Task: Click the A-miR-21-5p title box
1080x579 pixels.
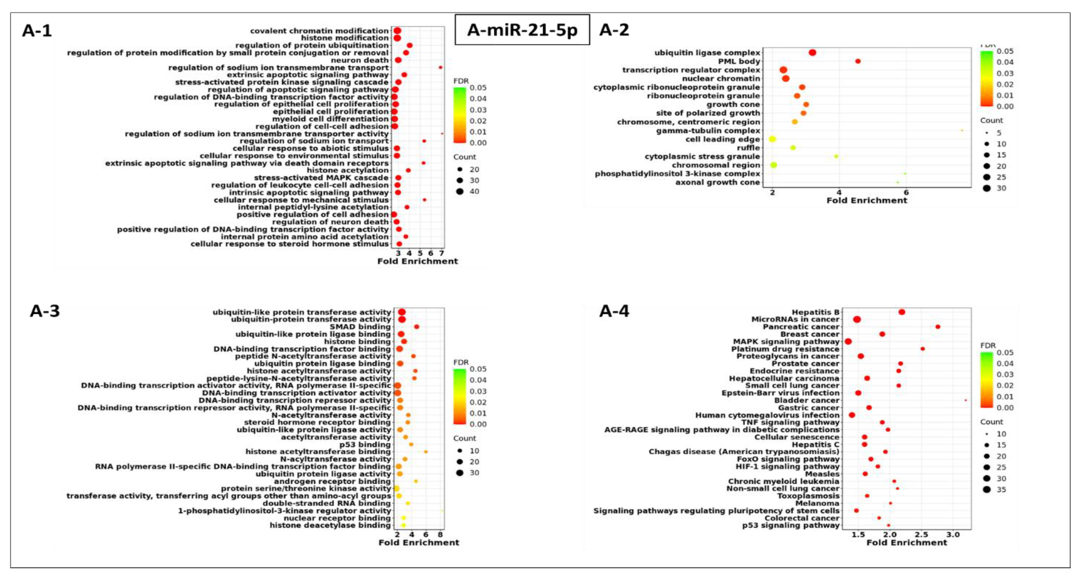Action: pos(522,30)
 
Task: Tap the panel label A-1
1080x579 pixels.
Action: pos(37,31)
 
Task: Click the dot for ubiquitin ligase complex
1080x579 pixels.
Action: pos(812,52)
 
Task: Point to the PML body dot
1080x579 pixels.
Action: pos(858,61)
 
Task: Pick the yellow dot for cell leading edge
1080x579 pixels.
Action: pos(772,139)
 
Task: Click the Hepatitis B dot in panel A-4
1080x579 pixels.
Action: pos(902,312)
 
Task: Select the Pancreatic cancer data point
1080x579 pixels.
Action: pos(938,327)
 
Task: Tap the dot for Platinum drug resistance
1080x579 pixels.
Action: pos(922,348)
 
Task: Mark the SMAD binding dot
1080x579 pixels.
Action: pos(416,327)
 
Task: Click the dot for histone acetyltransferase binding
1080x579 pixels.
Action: pos(425,452)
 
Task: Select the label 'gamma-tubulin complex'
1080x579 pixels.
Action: pos(708,131)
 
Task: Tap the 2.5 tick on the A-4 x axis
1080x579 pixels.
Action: pos(921,535)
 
